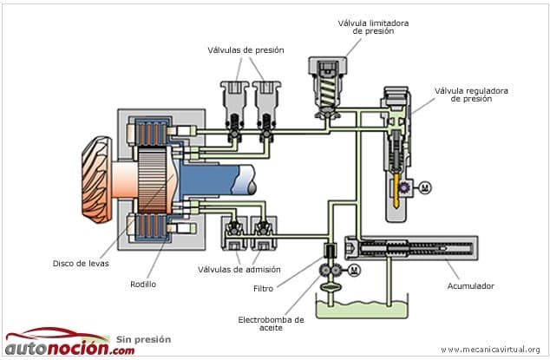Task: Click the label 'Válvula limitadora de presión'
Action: click(373, 27)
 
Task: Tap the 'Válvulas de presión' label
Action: click(246, 50)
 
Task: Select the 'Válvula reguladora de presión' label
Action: click(471, 95)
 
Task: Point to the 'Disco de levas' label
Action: click(81, 263)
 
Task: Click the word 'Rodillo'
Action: click(143, 285)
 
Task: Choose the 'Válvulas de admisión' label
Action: click(239, 270)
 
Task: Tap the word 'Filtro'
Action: click(263, 288)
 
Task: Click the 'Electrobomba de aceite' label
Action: click(271, 324)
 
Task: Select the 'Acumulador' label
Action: click(470, 286)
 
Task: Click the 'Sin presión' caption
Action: click(143, 339)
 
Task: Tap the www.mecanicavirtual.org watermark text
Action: click(490, 350)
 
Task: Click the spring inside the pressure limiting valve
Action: click(327, 90)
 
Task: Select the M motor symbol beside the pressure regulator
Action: click(425, 187)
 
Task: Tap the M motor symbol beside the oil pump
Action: click(354, 270)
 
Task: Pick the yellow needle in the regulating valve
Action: click(396, 191)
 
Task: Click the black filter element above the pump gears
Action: click(330, 250)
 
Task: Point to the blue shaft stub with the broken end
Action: click(218, 180)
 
